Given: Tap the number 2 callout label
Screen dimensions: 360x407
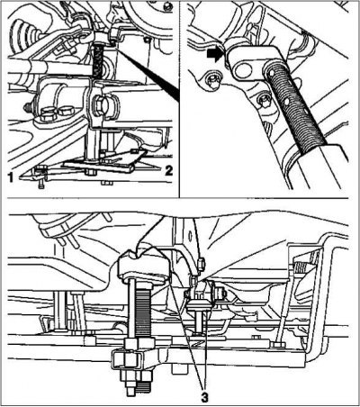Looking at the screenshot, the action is click(x=168, y=171).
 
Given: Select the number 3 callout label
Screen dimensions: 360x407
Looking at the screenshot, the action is click(x=204, y=398).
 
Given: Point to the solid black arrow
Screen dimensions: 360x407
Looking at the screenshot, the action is click(x=216, y=56).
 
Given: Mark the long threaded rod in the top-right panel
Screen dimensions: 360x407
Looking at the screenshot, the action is click(x=295, y=105).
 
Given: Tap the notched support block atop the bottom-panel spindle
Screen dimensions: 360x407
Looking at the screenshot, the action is click(x=142, y=267).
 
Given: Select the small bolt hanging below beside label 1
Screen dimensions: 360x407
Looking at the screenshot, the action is click(x=41, y=184).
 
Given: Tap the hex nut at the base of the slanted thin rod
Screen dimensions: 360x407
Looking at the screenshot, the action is click(x=279, y=345).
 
